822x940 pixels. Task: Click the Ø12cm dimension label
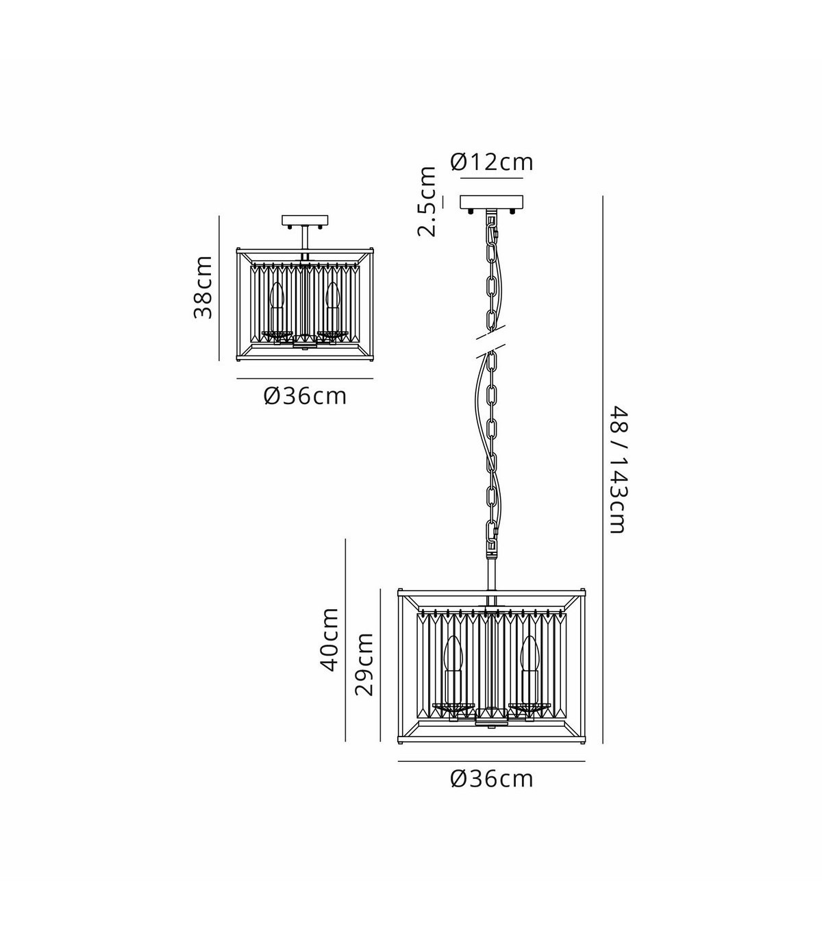491,162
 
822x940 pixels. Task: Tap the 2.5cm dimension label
427,201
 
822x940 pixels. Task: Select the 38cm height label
203,287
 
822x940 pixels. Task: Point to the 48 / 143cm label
618,469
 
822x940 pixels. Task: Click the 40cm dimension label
329,639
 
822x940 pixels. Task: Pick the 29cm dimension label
364,665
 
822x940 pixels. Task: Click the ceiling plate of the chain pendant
491,202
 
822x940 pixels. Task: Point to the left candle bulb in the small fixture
277,295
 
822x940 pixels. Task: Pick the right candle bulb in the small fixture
332,295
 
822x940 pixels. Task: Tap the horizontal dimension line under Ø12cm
491,178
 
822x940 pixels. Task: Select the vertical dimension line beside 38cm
219,288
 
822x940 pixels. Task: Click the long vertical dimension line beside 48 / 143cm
602,469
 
